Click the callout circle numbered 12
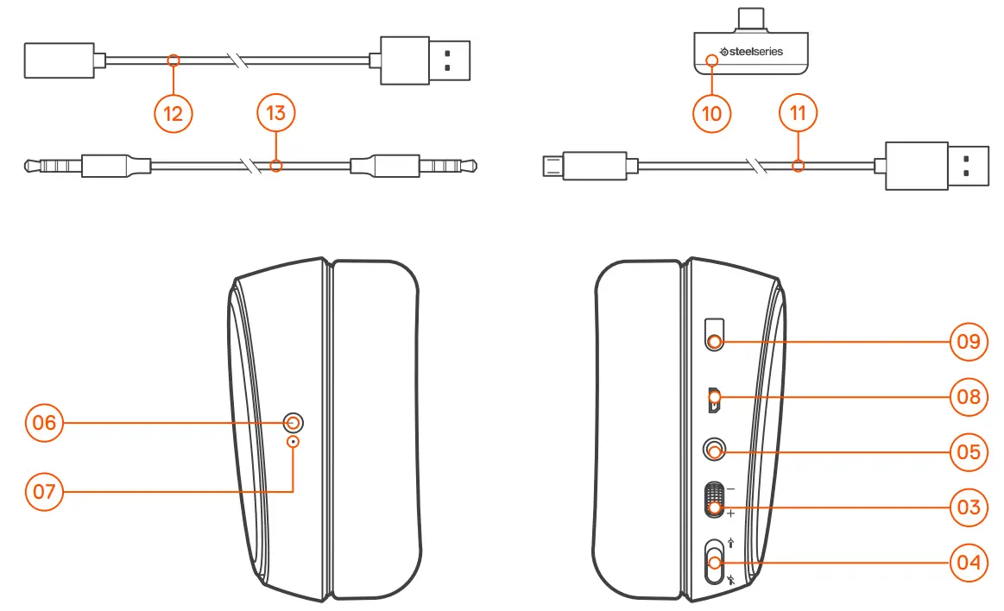point(174,114)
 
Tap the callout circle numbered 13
point(276,113)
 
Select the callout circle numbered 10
point(712,113)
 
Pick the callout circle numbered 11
point(799,113)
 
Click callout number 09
point(968,341)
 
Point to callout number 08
point(968,396)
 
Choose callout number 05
point(968,451)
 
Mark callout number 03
point(968,507)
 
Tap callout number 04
point(968,562)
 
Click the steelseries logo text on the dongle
point(752,52)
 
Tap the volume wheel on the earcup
point(715,500)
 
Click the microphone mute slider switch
point(715,562)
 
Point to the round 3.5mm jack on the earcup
point(715,450)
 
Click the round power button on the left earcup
point(294,423)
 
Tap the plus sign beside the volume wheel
point(731,514)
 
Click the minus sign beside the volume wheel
point(731,488)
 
